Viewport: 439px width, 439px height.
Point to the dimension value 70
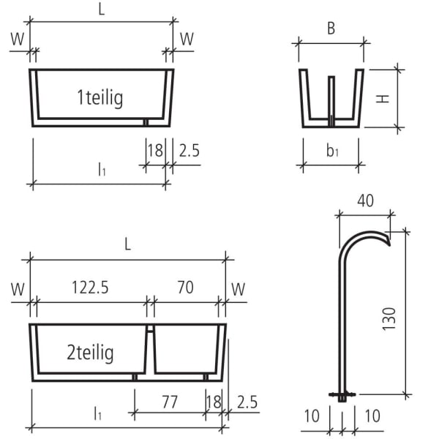point(185,288)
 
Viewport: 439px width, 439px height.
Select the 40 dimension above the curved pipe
point(365,200)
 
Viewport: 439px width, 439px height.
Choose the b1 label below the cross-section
point(332,151)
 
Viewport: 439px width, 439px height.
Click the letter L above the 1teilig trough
point(102,9)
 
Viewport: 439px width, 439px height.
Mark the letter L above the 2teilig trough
point(127,245)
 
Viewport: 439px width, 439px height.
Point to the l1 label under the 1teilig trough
point(102,170)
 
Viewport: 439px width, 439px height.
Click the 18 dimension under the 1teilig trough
point(154,151)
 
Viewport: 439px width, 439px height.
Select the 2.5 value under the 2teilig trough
point(247,401)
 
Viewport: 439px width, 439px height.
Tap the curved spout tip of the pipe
point(387,241)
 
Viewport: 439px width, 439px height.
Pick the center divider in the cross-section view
point(331,99)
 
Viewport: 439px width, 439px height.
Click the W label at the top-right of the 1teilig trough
point(187,39)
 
